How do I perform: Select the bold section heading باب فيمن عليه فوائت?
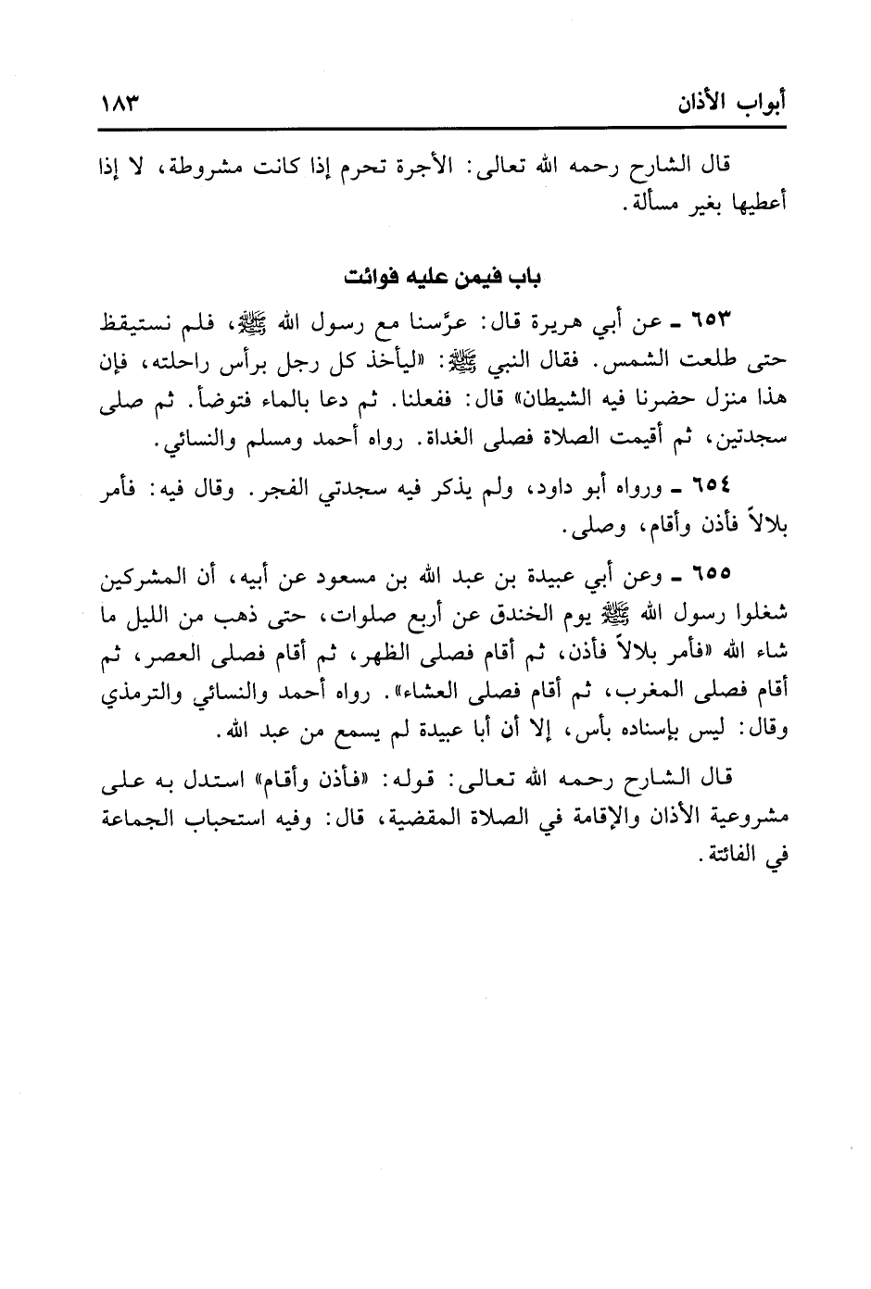pyautogui.click(x=436, y=278)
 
